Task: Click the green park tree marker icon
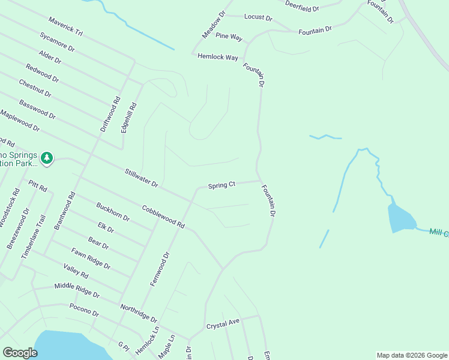click(x=47, y=158)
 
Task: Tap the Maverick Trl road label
click(x=66, y=27)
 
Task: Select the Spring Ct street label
click(x=221, y=186)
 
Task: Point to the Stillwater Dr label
click(x=141, y=178)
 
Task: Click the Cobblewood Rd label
click(x=163, y=216)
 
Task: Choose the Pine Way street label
click(x=229, y=37)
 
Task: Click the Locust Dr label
click(x=258, y=17)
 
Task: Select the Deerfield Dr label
click(x=302, y=7)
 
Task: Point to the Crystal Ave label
click(x=223, y=324)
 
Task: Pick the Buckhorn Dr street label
click(x=113, y=212)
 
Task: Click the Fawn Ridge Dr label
click(x=91, y=258)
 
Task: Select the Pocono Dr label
click(x=83, y=311)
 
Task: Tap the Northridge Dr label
click(x=138, y=313)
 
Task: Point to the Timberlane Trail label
click(x=33, y=237)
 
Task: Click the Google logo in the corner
click(x=20, y=353)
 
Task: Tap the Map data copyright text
click(x=412, y=355)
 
